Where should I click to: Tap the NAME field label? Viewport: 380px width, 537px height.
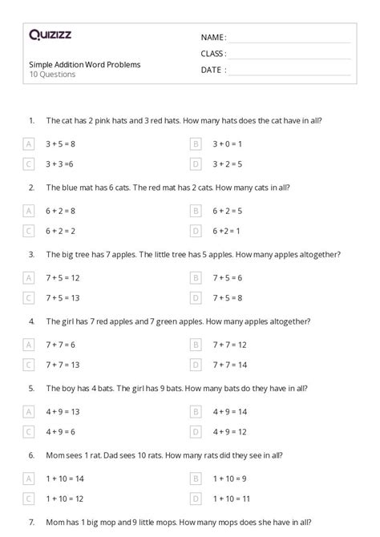point(212,38)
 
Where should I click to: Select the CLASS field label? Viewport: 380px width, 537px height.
point(213,54)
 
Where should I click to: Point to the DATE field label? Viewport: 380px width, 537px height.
point(212,70)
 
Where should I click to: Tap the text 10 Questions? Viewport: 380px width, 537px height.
point(52,75)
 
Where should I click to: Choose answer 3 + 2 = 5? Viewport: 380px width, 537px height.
point(227,164)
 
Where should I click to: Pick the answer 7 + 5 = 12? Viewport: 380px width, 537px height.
point(63,277)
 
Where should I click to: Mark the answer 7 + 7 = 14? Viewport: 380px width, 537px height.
point(229,364)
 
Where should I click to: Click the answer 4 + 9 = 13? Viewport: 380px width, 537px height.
point(63,411)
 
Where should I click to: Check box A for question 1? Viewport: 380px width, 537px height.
point(29,144)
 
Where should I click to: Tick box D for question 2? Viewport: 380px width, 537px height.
point(195,231)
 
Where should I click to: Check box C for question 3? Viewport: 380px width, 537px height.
point(29,297)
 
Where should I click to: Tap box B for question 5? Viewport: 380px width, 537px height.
point(195,411)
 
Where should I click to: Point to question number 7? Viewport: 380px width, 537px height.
point(31,521)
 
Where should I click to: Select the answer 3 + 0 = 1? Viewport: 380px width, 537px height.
point(227,144)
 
